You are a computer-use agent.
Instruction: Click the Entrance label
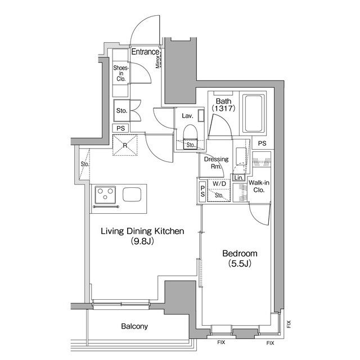pos(145,52)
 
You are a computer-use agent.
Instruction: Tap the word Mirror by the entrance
pos(157,61)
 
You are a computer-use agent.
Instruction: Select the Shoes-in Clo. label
pos(121,73)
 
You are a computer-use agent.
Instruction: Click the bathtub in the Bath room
pos(254,114)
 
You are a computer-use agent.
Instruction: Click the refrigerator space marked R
pos(125,145)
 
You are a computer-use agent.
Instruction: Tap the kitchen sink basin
pos(132,195)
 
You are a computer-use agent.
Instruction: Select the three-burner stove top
pos(105,195)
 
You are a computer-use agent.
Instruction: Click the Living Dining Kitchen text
pos(142,231)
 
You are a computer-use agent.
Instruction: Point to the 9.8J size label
pos(142,241)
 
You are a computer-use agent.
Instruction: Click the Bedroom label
pos(240,254)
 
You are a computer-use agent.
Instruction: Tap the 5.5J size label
pos(240,264)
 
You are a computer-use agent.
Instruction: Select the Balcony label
pos(134,326)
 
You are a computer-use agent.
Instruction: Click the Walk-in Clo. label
pos(259,186)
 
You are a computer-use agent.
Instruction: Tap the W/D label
pos(219,183)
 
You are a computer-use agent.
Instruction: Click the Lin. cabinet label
pos(238,178)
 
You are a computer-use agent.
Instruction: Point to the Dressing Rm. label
pos(216,163)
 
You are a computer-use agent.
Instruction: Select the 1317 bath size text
pos(223,109)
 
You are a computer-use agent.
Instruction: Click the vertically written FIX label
pos(289,324)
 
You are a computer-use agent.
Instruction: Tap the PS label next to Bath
pos(262,143)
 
